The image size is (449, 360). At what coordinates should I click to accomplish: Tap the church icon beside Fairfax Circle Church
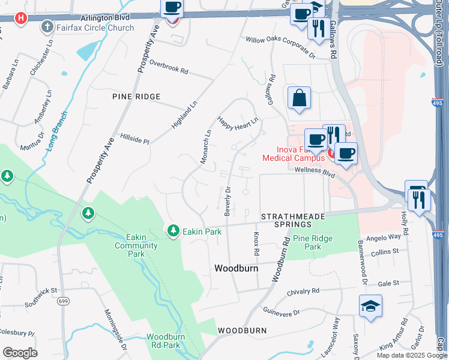[47, 27]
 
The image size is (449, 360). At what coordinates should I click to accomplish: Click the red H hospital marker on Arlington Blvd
[22, 17]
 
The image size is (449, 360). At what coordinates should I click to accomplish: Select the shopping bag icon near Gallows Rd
[299, 98]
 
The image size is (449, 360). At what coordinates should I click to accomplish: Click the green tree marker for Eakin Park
[173, 230]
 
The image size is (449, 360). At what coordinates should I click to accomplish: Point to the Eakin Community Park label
[136, 245]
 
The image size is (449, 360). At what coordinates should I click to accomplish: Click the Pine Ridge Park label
[313, 242]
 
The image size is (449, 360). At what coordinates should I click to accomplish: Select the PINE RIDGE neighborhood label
[136, 97]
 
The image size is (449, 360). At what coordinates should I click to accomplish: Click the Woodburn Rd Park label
[163, 341]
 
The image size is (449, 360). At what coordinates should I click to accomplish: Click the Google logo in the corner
[20, 353]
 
